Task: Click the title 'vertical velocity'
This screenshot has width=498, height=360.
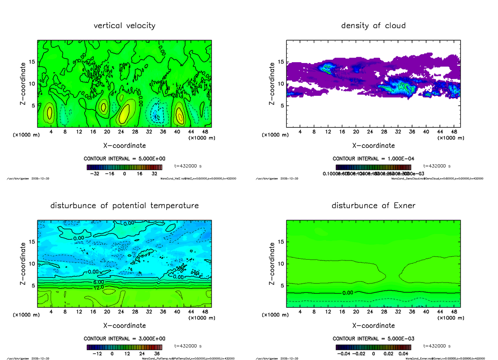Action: [x=124, y=26]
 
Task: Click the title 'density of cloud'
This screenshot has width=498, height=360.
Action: [x=373, y=26]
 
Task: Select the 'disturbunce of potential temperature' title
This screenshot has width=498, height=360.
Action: [x=124, y=206]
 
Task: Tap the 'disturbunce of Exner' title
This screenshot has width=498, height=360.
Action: [x=373, y=206]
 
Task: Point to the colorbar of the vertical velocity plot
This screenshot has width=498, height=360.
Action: [x=124, y=167]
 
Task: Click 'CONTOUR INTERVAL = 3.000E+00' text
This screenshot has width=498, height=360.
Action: [x=124, y=338]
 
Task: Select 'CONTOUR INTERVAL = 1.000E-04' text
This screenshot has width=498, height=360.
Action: [x=373, y=158]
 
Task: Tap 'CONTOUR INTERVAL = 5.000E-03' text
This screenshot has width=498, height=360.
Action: [x=373, y=338]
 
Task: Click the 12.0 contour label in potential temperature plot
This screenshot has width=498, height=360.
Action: [x=98, y=287]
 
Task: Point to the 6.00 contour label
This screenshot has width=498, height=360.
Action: [x=98, y=282]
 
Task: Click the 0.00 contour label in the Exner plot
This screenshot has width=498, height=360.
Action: [x=347, y=293]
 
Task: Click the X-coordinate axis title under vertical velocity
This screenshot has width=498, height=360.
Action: [x=124, y=146]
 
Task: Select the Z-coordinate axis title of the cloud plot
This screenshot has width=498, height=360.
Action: [x=272, y=84]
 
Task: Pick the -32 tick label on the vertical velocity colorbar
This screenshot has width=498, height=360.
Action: [x=95, y=174]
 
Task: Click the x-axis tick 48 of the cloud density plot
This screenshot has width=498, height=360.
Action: [x=454, y=132]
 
